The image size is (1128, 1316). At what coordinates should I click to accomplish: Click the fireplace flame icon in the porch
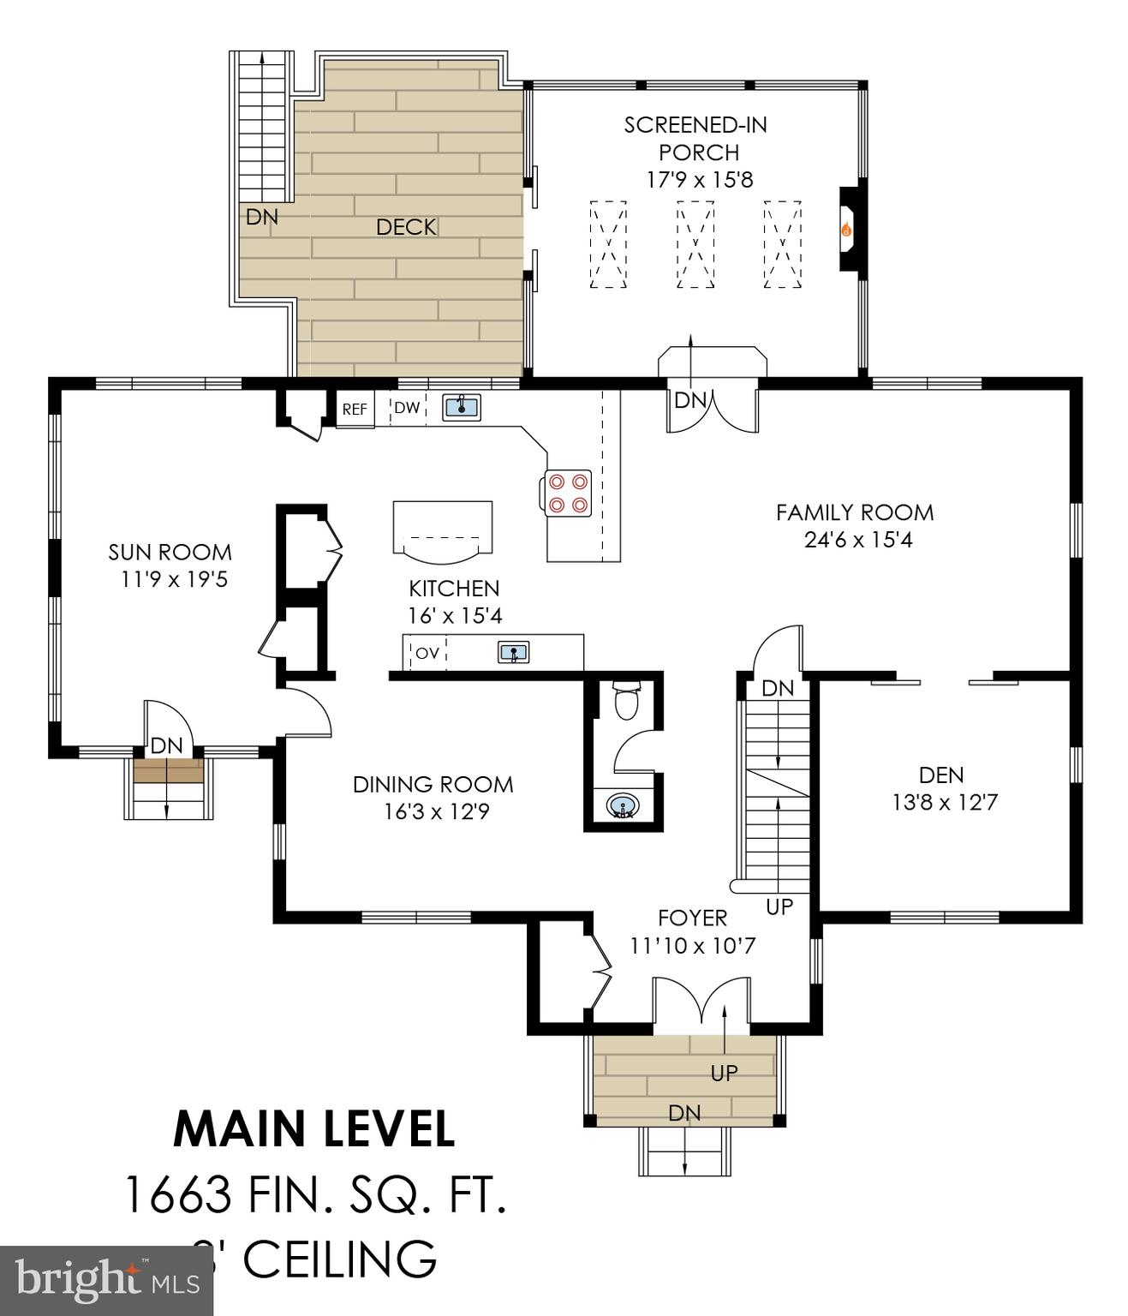[846, 230]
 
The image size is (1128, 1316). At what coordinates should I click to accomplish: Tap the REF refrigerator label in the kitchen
[355, 410]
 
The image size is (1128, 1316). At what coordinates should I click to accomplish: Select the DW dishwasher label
[407, 408]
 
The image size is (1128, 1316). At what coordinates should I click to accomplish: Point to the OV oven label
[427, 653]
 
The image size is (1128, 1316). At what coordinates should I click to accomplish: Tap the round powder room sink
[621, 806]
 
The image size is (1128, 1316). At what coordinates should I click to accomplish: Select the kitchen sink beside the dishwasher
[462, 406]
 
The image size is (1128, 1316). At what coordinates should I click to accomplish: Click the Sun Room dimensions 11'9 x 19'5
[174, 579]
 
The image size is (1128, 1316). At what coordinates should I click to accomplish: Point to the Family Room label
[854, 512]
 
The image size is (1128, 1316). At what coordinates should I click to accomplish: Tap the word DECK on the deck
[406, 227]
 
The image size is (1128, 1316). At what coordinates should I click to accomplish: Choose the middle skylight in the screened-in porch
[695, 245]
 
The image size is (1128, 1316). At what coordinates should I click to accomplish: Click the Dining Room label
[433, 784]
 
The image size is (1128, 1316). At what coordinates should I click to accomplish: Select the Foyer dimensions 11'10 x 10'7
[692, 946]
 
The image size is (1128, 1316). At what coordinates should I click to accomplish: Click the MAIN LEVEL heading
[313, 1128]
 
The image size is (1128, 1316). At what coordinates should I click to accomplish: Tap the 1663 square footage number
[177, 1194]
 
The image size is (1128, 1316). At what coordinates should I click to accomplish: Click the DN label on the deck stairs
[262, 217]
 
